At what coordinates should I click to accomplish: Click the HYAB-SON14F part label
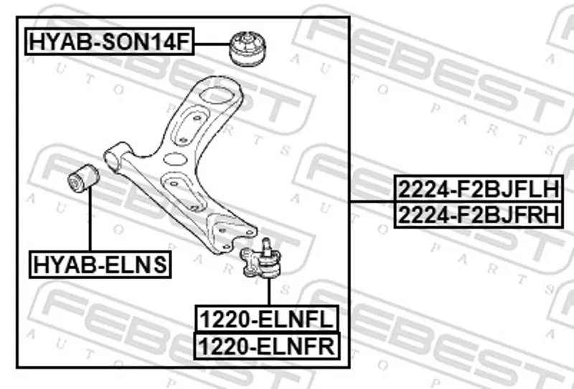(110, 42)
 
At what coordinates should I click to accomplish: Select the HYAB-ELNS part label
(100, 264)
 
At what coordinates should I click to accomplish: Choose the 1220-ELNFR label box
(267, 346)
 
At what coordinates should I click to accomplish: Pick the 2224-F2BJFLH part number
(479, 189)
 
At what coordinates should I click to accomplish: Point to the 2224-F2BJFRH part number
(479, 215)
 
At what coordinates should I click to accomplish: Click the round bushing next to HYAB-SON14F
(248, 49)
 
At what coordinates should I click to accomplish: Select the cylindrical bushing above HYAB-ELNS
(83, 178)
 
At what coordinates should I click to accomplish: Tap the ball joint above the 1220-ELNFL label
(260, 260)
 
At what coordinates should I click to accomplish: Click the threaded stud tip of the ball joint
(266, 243)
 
